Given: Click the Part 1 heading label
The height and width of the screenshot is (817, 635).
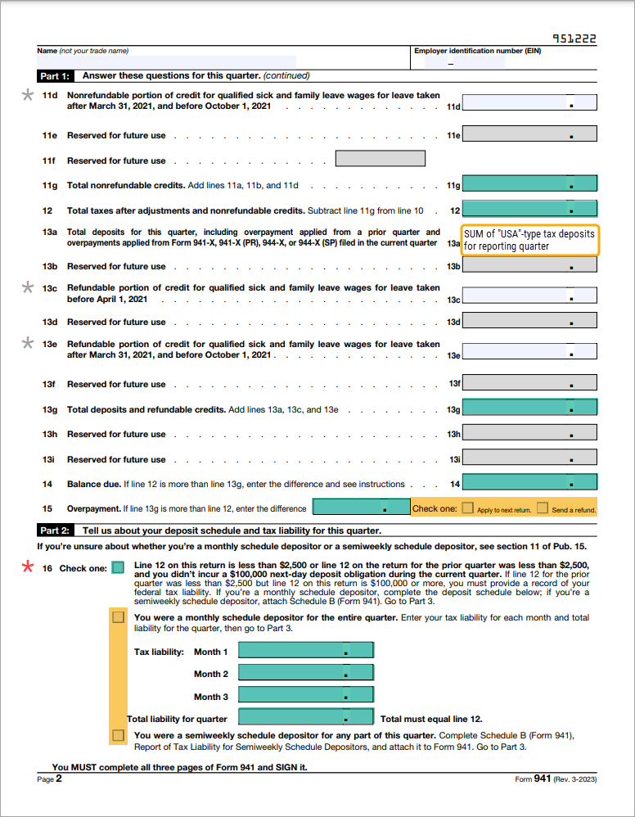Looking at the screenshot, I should (x=56, y=76).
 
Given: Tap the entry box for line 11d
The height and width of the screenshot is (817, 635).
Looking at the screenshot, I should (x=529, y=102).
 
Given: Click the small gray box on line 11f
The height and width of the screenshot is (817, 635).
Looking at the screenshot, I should (x=381, y=159).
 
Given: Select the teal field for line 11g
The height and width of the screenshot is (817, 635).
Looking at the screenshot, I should (x=529, y=183).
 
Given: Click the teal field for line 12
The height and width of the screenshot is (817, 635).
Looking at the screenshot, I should (x=529, y=209).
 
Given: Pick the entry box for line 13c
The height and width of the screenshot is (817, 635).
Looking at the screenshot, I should (x=529, y=296).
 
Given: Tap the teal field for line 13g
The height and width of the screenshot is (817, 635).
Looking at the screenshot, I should (x=529, y=407).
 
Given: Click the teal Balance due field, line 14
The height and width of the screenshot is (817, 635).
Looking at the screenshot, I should (x=529, y=482).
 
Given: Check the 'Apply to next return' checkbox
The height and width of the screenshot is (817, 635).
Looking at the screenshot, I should (x=467, y=508).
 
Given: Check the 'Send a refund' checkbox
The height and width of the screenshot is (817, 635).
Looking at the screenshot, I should (x=542, y=508).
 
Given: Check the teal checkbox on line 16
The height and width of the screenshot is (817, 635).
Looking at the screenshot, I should (x=119, y=567).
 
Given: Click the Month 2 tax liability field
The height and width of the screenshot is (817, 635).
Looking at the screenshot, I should (x=305, y=672).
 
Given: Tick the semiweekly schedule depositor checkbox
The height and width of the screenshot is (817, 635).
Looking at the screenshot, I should (x=119, y=737).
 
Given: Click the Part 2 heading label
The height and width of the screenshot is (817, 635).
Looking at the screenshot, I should (x=56, y=530).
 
